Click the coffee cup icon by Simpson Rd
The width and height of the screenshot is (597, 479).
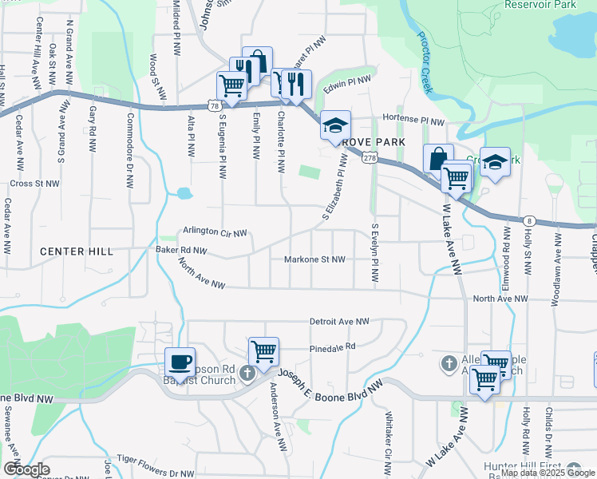(180, 362)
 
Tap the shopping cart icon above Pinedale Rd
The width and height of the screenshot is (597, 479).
(263, 350)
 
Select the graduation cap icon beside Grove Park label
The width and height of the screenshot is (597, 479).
(336, 125)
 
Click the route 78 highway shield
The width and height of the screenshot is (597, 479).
(213, 105)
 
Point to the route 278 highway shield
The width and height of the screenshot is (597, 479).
(369, 158)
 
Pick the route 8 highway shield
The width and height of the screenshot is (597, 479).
(529, 220)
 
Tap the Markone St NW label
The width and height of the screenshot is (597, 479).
(314, 259)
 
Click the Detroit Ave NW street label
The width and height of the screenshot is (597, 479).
(339, 322)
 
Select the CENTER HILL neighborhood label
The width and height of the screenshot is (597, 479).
(77, 251)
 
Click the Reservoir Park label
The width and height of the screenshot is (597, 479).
(540, 5)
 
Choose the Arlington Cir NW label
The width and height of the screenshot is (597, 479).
(214, 232)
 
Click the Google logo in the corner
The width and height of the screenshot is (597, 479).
(26, 469)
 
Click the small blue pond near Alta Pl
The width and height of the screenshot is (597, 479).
(184, 193)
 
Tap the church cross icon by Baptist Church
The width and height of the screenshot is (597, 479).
(247, 372)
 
